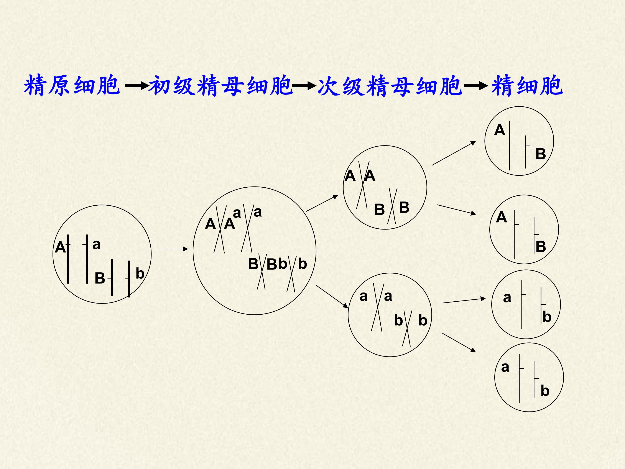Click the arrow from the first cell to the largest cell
(x=172, y=249)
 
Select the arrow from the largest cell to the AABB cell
(x=322, y=203)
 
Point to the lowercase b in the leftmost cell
(x=140, y=273)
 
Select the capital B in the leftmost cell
(x=100, y=278)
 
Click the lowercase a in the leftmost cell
(x=96, y=244)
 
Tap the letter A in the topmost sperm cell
(x=500, y=130)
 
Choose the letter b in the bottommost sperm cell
(x=545, y=391)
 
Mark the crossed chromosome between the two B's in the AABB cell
(x=392, y=206)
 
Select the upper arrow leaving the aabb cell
(x=463, y=301)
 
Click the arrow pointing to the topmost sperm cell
(x=454, y=153)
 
